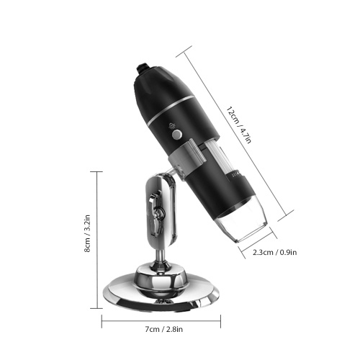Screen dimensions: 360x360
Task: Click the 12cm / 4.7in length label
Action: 239,125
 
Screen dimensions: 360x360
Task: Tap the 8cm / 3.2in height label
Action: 87,233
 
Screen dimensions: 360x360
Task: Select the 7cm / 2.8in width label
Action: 164,329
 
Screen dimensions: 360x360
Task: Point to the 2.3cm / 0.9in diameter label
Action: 275,252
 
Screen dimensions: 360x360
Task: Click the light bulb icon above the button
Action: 172,125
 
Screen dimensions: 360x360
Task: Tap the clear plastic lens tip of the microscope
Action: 243,227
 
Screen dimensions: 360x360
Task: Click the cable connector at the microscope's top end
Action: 143,68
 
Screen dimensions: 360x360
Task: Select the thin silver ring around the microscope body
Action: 170,109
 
